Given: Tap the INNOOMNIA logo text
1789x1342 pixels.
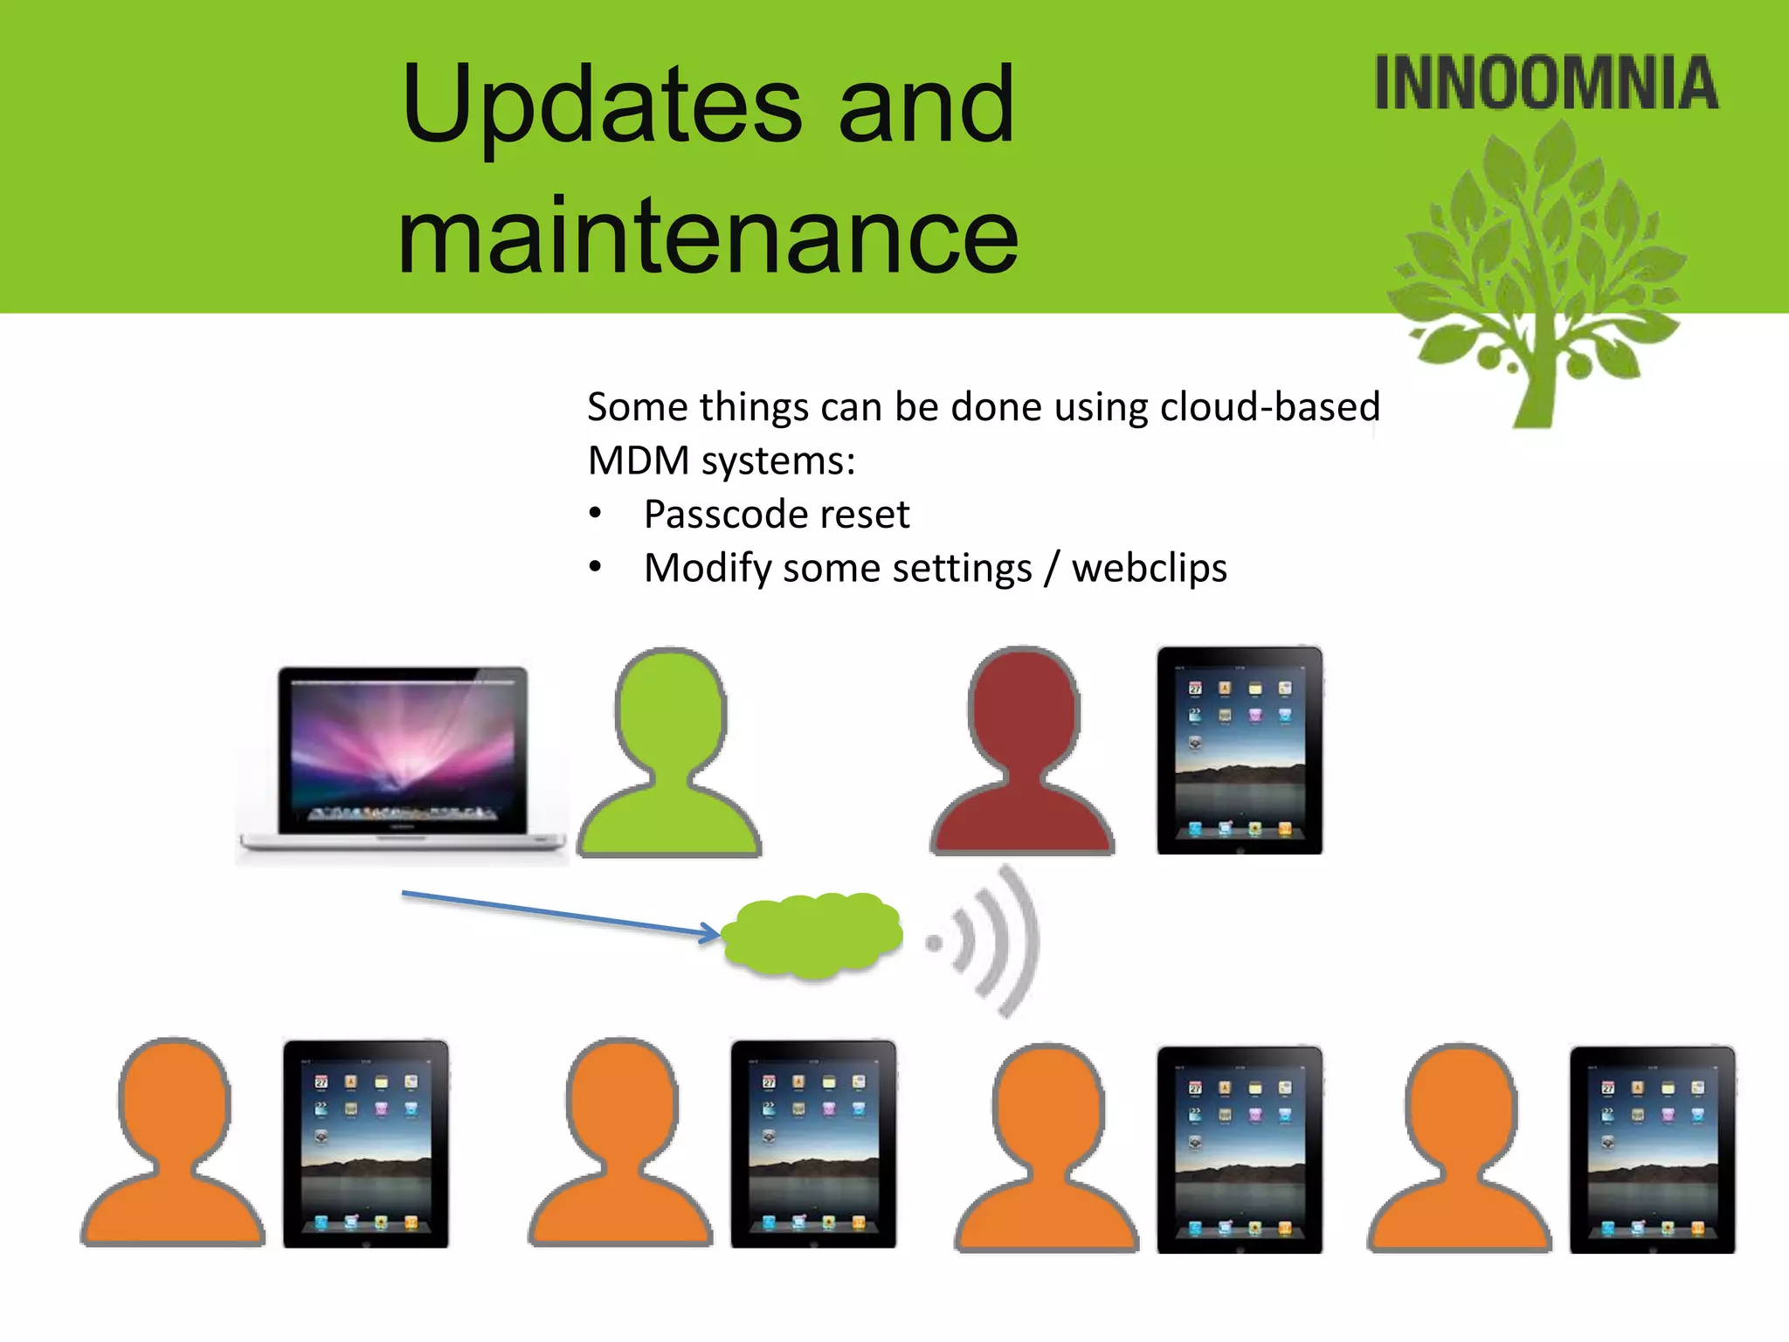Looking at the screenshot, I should coord(1545,84).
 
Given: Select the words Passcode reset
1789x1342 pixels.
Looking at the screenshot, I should coord(776,514).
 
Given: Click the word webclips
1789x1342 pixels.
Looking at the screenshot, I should coord(1149,568).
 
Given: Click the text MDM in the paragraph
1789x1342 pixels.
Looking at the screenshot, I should coord(638,460).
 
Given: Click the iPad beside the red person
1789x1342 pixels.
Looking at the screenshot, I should coord(1239,750).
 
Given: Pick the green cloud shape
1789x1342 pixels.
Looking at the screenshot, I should coord(812,935).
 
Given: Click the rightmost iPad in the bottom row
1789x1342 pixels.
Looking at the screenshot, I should coord(1651,1149).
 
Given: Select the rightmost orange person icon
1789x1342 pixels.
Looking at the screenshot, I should coord(1459,1149).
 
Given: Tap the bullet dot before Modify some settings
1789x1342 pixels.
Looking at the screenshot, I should coord(595,568).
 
